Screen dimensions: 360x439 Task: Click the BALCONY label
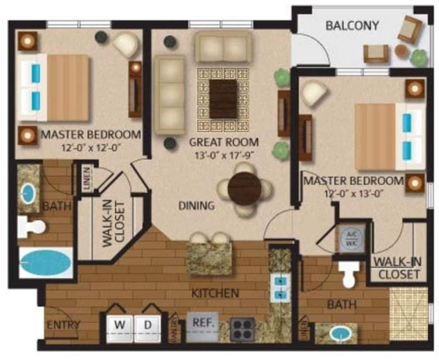(352, 25)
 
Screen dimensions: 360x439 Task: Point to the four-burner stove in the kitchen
(242, 329)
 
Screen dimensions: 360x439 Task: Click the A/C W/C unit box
(352, 238)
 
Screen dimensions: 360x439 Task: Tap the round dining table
(245, 189)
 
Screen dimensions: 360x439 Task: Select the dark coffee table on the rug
(223, 99)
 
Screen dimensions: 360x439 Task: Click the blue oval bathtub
(45, 263)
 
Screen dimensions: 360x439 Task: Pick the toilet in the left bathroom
(31, 227)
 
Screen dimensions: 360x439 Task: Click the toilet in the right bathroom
(349, 274)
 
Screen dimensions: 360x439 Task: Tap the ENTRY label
(64, 325)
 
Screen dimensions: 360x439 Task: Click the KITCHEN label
(215, 293)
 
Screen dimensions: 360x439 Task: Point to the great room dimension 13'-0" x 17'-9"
(224, 154)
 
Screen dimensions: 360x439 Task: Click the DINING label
(196, 205)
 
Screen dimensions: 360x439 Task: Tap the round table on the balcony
(401, 52)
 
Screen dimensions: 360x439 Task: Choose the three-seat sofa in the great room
(169, 95)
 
